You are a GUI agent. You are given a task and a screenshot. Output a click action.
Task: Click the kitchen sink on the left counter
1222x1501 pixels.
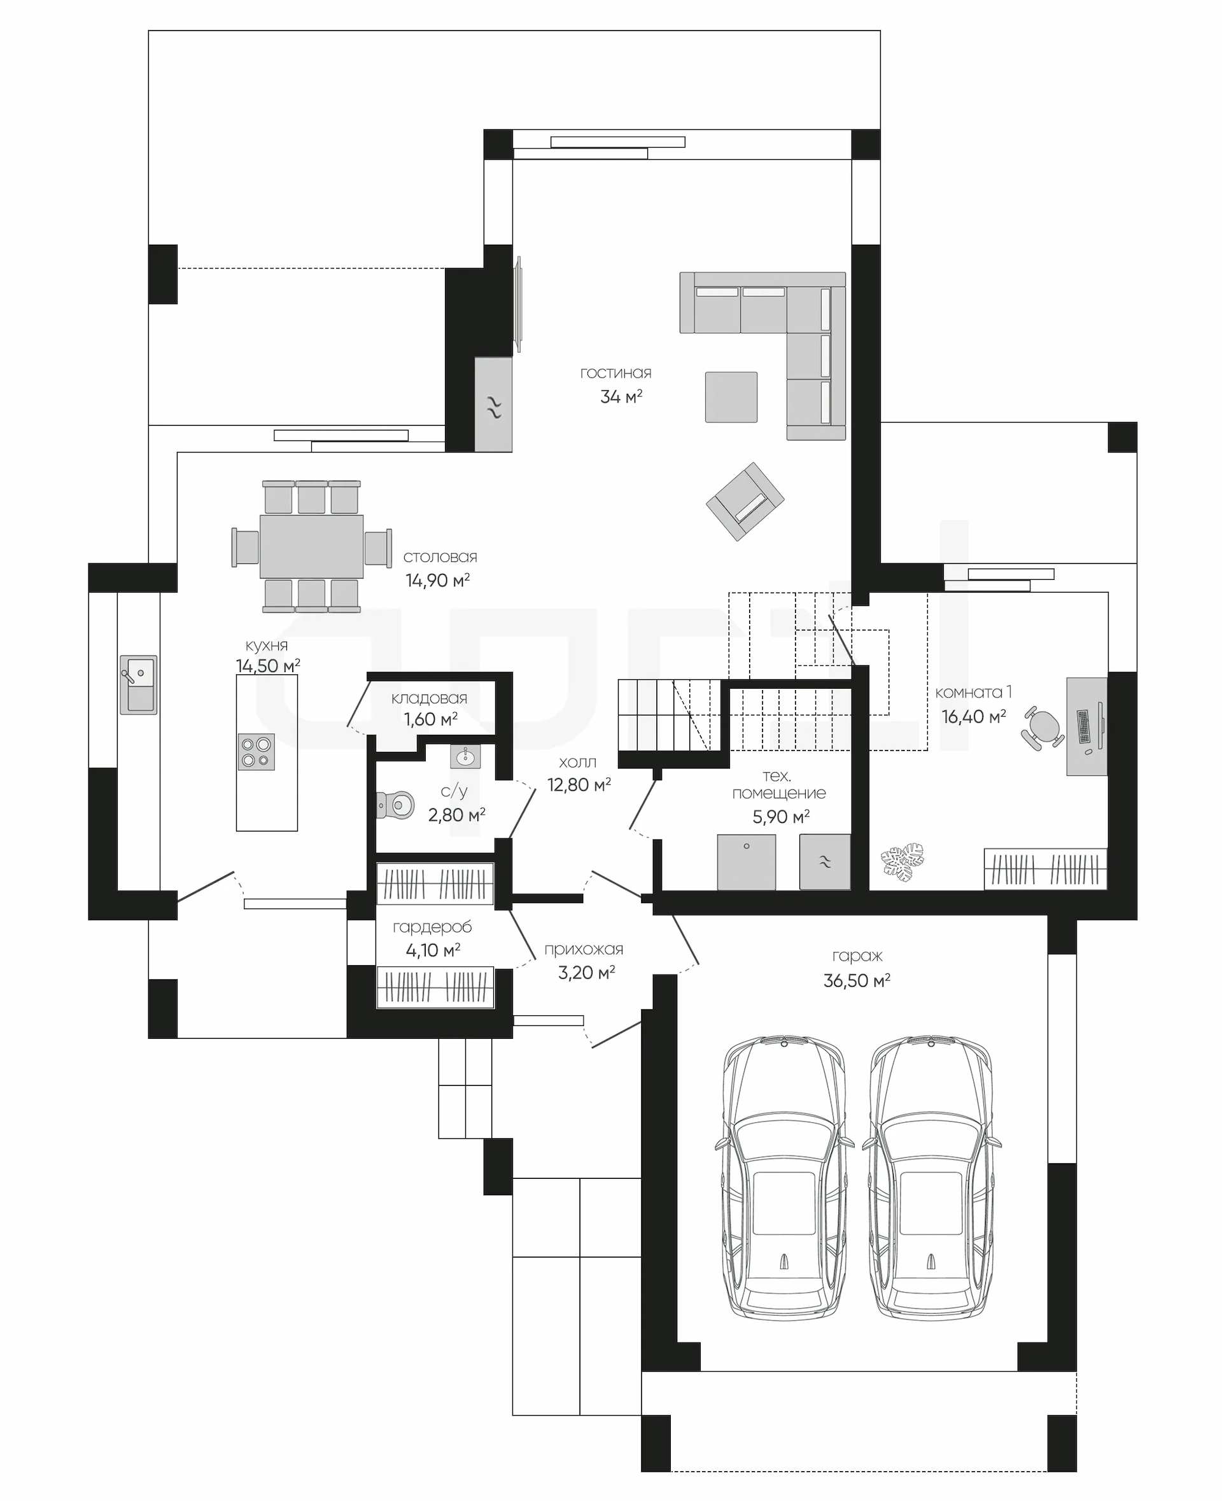[x=139, y=684]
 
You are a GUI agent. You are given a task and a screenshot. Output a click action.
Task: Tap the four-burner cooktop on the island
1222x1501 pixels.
[x=256, y=752]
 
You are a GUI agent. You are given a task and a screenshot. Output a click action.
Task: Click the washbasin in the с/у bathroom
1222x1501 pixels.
[x=465, y=757]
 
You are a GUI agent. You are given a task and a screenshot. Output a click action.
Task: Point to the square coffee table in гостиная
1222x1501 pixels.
[x=731, y=397]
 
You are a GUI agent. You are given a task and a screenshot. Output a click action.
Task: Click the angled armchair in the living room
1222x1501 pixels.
[x=745, y=501]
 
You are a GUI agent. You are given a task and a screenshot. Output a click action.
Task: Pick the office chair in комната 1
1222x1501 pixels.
[x=1043, y=728]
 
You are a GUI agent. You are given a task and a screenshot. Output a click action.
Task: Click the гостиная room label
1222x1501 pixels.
[x=616, y=373]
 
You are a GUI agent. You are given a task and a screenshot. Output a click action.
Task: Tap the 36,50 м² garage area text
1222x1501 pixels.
[x=857, y=980]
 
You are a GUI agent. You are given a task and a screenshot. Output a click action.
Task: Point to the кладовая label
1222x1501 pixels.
[x=430, y=698]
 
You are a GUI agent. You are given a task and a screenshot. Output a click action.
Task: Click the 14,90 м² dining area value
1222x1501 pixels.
[x=438, y=580]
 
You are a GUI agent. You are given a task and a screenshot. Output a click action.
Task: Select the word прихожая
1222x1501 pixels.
[x=584, y=949]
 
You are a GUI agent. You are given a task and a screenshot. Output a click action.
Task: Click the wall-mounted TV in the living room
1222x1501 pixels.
[x=519, y=304]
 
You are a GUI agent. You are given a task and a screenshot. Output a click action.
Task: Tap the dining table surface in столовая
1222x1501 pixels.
[x=312, y=547]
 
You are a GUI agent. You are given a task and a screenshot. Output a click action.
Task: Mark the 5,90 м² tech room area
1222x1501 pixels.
[x=781, y=817]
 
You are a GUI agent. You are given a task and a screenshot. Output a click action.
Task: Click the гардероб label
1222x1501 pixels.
[x=432, y=927]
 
